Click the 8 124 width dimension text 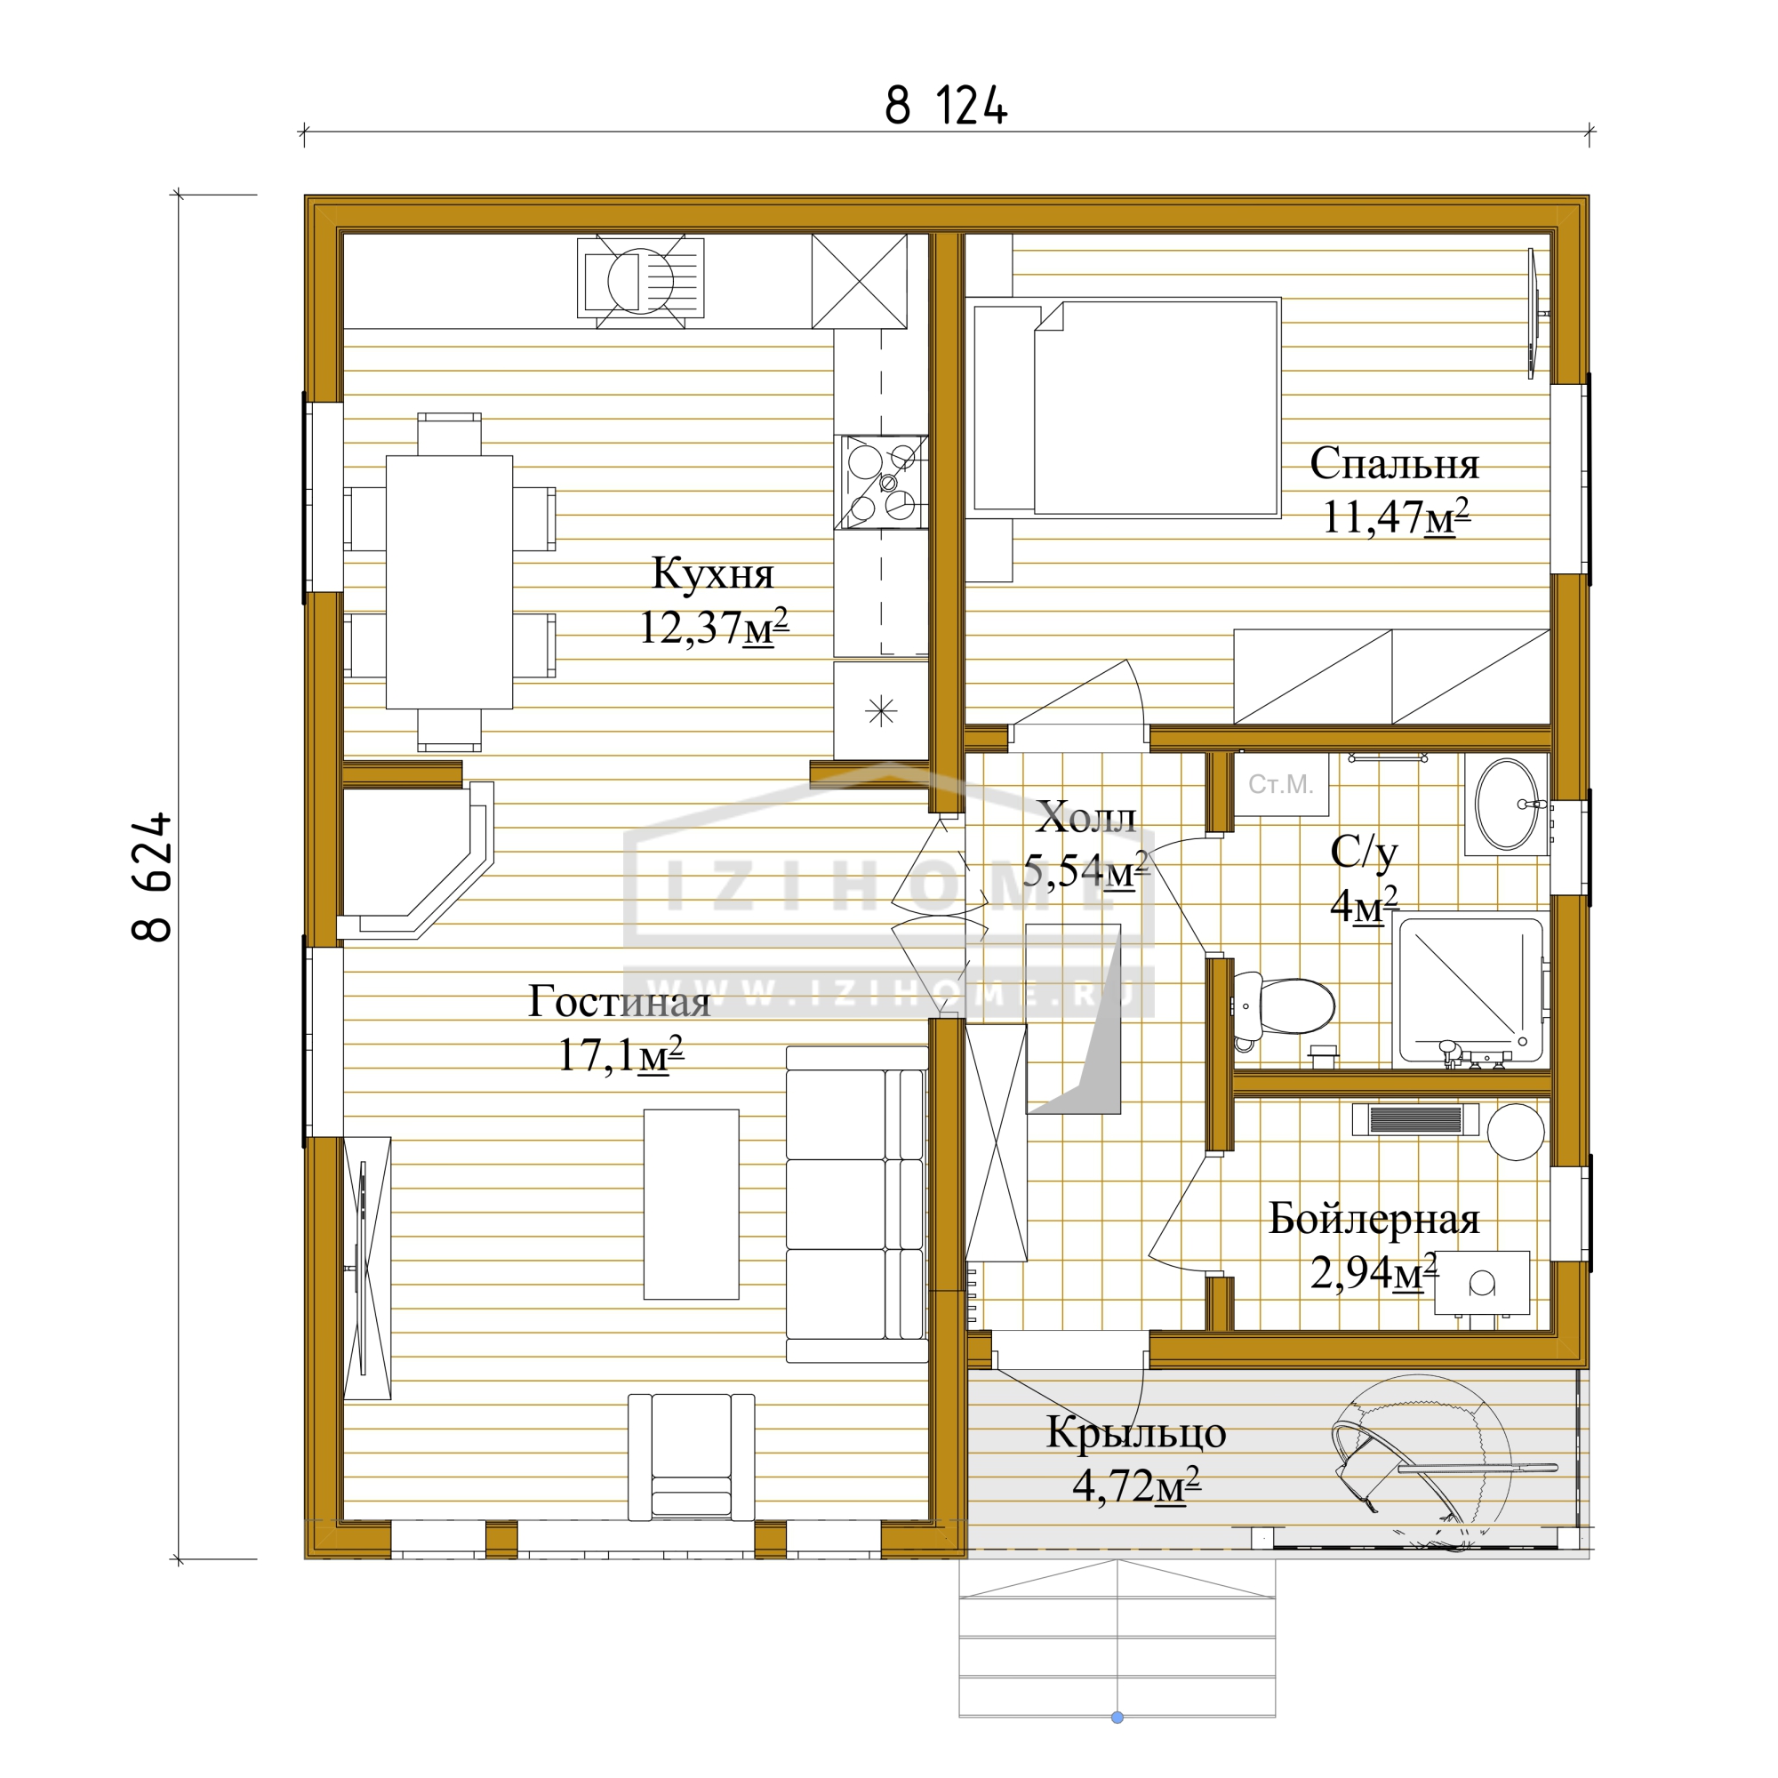(x=945, y=105)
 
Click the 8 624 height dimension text (x=153, y=877)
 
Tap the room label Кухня (x=712, y=573)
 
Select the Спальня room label (x=1393, y=463)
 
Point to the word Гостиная (x=619, y=1001)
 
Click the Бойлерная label (x=1374, y=1219)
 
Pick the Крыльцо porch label (x=1135, y=1433)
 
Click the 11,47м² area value (x=1395, y=517)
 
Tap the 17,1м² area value (x=621, y=1054)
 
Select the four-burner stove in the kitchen (x=881, y=482)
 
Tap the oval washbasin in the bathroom (x=1507, y=805)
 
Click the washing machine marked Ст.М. (x=1280, y=784)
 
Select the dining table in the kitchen (x=449, y=581)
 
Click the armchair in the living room (x=691, y=1457)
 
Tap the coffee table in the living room (x=691, y=1204)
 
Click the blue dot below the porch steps (x=1117, y=1718)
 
